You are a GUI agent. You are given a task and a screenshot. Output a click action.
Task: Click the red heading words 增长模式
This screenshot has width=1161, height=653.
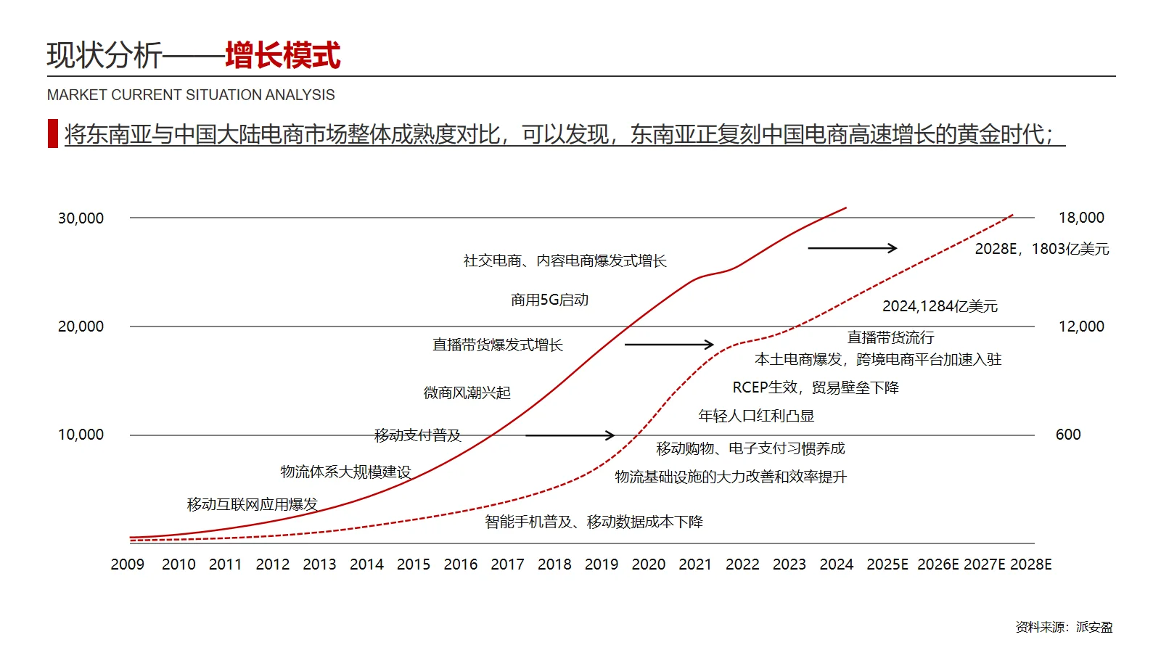pyautogui.click(x=282, y=56)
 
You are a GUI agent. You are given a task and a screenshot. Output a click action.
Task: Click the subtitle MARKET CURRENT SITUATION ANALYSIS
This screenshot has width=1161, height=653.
pyautogui.click(x=191, y=95)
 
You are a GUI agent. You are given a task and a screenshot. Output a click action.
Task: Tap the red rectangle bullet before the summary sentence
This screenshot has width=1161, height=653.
pyautogui.click(x=52, y=134)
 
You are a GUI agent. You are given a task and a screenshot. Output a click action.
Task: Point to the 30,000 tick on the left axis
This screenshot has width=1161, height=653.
pyautogui.click(x=81, y=218)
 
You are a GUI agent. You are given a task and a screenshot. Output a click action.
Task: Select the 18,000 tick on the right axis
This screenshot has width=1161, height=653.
pyautogui.click(x=1081, y=218)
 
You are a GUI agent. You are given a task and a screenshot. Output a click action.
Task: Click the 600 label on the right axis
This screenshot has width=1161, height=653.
pyautogui.click(x=1068, y=435)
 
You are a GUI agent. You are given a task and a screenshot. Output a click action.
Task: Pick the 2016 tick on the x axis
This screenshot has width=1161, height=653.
pyautogui.click(x=461, y=564)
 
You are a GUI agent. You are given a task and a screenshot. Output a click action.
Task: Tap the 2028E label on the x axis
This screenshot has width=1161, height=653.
pyautogui.click(x=1031, y=564)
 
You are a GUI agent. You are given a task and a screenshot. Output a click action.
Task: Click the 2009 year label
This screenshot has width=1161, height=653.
pyautogui.click(x=128, y=564)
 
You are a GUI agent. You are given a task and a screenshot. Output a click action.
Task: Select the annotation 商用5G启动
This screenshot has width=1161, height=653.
pyautogui.click(x=549, y=300)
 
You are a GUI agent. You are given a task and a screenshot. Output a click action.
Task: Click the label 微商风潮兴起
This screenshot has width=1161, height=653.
pyautogui.click(x=467, y=393)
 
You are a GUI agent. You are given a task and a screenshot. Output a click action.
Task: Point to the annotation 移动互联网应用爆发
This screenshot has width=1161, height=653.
pyautogui.click(x=252, y=504)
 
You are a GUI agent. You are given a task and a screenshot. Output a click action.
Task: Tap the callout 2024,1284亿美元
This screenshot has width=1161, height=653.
pyautogui.click(x=940, y=306)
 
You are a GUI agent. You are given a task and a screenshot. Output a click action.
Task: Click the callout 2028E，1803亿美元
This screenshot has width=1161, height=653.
pyautogui.click(x=1041, y=249)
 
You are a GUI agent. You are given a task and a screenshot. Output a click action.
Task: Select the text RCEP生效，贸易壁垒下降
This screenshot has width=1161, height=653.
pyautogui.click(x=816, y=387)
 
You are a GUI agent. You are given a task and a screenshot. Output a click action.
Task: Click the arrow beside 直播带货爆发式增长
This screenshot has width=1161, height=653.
pyautogui.click(x=669, y=345)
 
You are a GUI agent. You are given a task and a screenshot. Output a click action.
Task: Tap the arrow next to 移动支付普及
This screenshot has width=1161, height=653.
pyautogui.click(x=570, y=435)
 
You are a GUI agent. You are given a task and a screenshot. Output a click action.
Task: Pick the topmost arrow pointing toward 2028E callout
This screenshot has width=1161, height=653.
pyautogui.click(x=853, y=248)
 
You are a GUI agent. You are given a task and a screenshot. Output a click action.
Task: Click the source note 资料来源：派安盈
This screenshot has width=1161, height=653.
pyautogui.click(x=1064, y=627)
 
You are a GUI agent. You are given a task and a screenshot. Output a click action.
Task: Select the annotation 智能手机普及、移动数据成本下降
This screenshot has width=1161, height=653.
pyautogui.click(x=594, y=522)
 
